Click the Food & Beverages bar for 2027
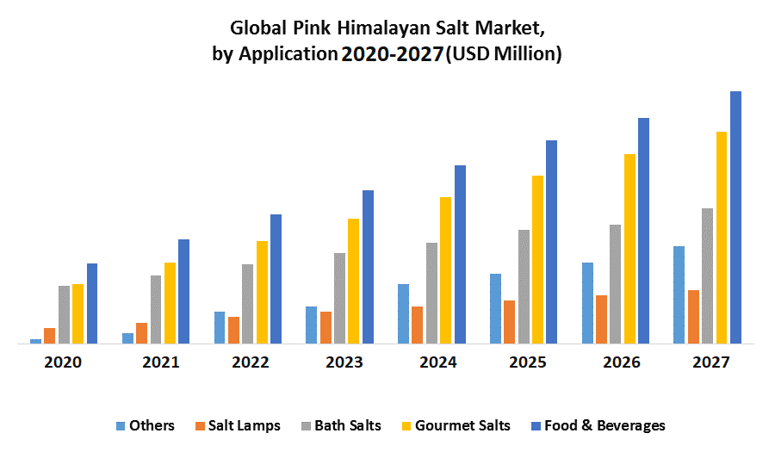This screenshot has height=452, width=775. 735,217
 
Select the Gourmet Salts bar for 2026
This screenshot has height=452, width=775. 629,249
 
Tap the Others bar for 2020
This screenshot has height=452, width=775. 35,341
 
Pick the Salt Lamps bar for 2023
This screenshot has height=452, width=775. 325,327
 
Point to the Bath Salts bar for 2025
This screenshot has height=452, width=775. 524,287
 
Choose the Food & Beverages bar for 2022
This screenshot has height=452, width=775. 276,279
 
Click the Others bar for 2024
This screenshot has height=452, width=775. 403,313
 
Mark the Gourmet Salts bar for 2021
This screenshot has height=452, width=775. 170,303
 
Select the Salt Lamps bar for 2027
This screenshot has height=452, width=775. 693,317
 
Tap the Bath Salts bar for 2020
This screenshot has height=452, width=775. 64,314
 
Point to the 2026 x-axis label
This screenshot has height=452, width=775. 621,362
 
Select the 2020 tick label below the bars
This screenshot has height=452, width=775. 63,362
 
